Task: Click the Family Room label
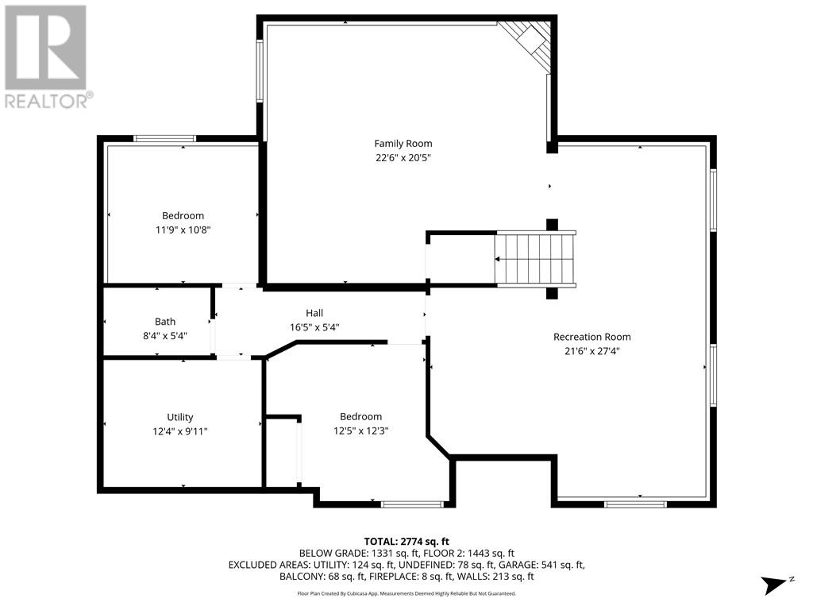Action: (403, 144)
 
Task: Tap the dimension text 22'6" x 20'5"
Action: (403, 157)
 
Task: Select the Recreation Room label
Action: (591, 337)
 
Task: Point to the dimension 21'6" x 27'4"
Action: (591, 350)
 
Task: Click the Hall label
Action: (314, 313)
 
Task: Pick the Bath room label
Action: (165, 322)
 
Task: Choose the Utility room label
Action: (180, 417)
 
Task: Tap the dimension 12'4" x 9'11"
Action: (180, 430)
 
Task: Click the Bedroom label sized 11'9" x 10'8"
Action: (183, 215)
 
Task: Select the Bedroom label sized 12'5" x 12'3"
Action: (360, 416)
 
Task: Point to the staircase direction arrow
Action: (498, 259)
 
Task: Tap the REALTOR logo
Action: (47, 56)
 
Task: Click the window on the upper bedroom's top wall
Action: (164, 138)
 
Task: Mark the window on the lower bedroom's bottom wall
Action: (412, 504)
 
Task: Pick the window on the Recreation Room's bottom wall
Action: (634, 504)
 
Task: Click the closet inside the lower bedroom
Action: (282, 451)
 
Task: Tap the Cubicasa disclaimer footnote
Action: (406, 593)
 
